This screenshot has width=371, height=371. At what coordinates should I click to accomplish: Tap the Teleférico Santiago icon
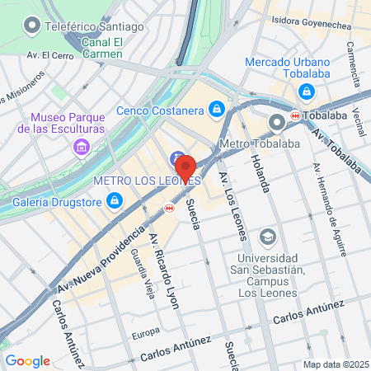[x=32, y=26]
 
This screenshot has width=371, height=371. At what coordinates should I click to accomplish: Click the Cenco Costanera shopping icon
[x=216, y=108]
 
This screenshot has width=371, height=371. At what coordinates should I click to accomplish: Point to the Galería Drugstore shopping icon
[x=115, y=200]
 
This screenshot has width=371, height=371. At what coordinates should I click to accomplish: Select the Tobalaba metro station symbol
[x=295, y=117]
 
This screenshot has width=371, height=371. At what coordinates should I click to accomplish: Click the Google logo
[x=27, y=360]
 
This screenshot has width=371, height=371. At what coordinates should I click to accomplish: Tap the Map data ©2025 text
[x=336, y=364]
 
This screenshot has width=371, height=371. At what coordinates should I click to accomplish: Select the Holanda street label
[x=261, y=173]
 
